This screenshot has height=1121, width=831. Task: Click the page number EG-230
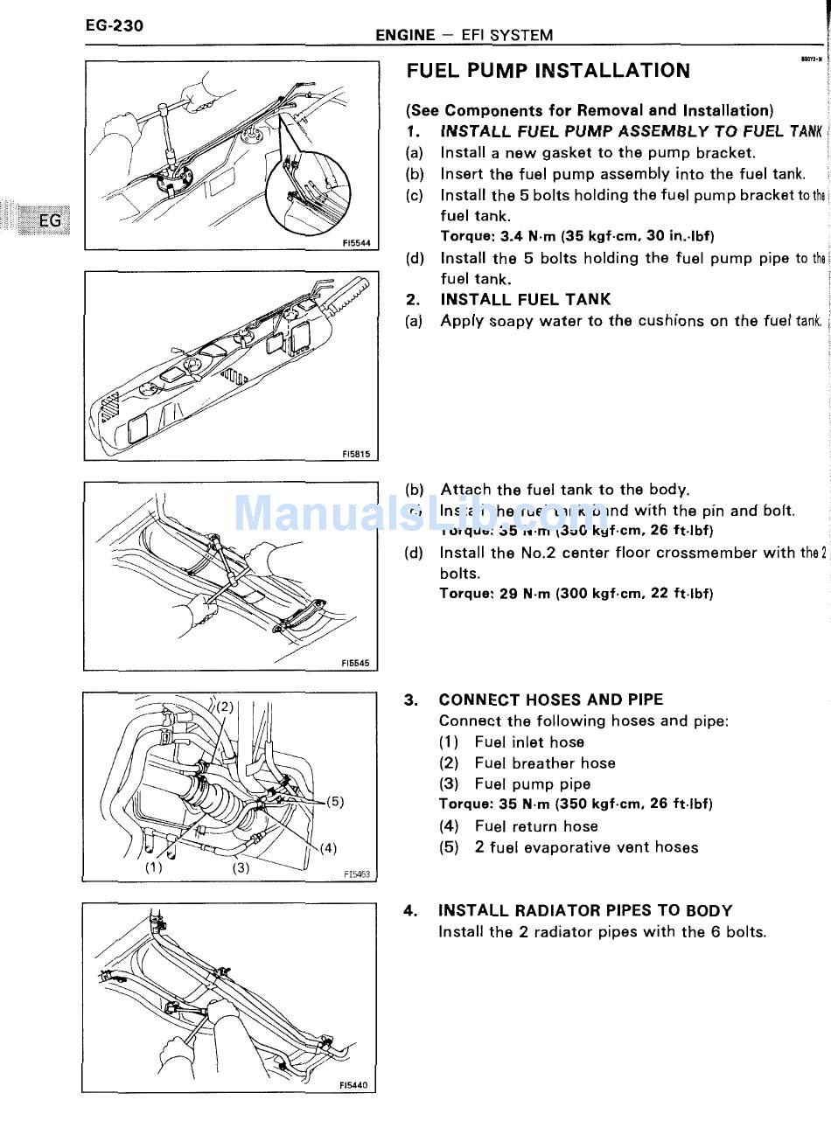click(x=115, y=25)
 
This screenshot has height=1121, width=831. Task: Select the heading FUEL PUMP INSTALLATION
click(x=548, y=71)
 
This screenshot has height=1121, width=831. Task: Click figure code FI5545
click(x=356, y=664)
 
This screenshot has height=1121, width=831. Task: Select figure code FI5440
click(x=354, y=1086)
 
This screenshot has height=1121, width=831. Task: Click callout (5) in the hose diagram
click(x=335, y=800)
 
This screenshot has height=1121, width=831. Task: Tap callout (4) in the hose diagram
click(x=328, y=847)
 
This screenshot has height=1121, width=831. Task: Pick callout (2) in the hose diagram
click(x=223, y=706)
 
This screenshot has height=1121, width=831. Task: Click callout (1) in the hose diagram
click(x=154, y=868)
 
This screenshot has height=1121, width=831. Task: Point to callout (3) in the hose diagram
click(x=241, y=868)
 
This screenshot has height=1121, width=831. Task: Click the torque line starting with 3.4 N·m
click(x=577, y=236)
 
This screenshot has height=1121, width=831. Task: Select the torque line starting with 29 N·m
click(x=576, y=594)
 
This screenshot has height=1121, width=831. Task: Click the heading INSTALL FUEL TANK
click(x=526, y=299)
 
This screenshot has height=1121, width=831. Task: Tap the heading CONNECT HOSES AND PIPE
click(x=551, y=700)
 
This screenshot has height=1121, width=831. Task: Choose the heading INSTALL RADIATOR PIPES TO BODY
click(x=585, y=910)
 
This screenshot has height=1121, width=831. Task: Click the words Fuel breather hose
click(x=545, y=763)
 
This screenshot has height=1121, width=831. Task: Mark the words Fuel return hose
click(x=536, y=826)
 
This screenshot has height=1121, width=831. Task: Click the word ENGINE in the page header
click(x=405, y=35)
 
